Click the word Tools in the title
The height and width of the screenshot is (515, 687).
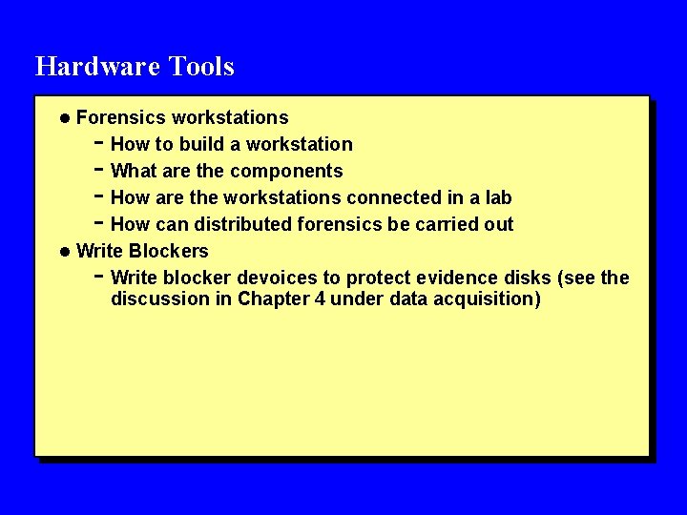coord(201,67)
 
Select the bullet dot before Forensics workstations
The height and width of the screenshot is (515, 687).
coord(64,118)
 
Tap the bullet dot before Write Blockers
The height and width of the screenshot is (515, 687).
coord(64,252)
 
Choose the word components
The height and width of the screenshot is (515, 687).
coord(286,172)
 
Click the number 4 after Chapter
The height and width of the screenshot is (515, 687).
coord(320,299)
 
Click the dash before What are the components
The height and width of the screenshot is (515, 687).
coord(98,170)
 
